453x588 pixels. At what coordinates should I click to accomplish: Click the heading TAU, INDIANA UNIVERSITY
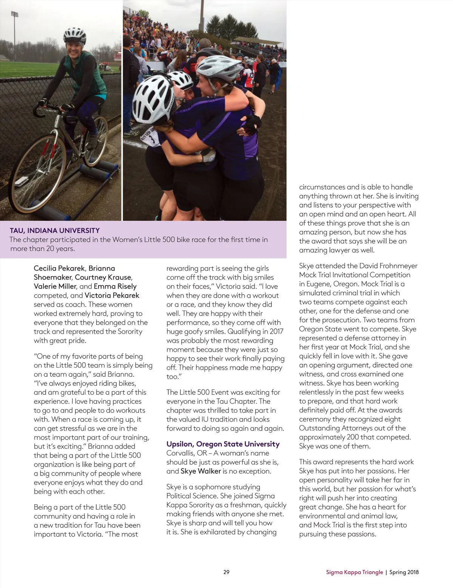(55, 230)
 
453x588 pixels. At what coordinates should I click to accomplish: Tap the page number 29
(226, 572)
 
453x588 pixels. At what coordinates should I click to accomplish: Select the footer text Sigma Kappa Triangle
(354, 572)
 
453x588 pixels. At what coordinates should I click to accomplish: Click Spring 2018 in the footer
(404, 572)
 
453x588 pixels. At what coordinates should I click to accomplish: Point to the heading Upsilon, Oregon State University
(223, 444)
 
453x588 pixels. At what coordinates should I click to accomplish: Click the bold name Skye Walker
(200, 471)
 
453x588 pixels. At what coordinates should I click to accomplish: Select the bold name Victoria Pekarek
(112, 296)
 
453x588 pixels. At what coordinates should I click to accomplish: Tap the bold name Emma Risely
(115, 286)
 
